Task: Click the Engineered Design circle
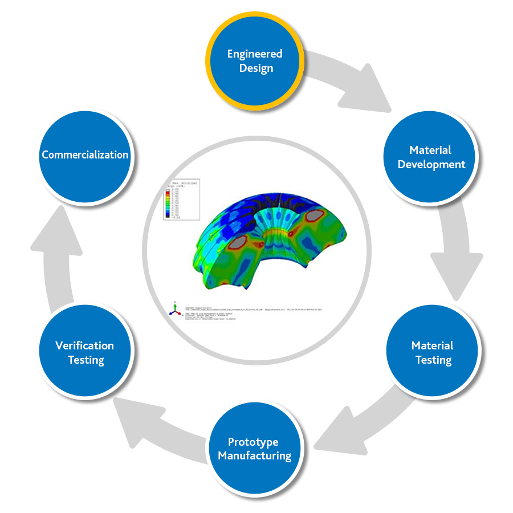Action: [x=254, y=61]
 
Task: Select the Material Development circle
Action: [x=431, y=157]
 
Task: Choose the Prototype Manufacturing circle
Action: [x=254, y=449]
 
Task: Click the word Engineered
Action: [x=254, y=54]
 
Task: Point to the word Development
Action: [x=431, y=164]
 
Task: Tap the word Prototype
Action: [x=253, y=442]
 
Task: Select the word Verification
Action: [x=84, y=345]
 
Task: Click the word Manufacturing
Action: [x=254, y=456]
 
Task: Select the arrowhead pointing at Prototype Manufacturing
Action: [x=336, y=436]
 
